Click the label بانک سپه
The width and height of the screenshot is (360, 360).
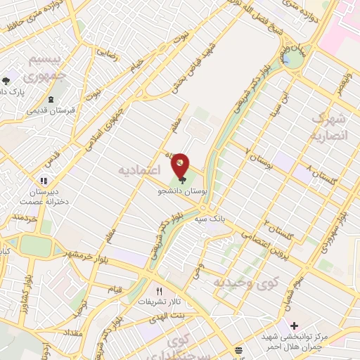210,219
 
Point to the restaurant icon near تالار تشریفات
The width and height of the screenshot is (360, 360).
159,291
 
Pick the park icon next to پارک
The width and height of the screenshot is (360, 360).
6,82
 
